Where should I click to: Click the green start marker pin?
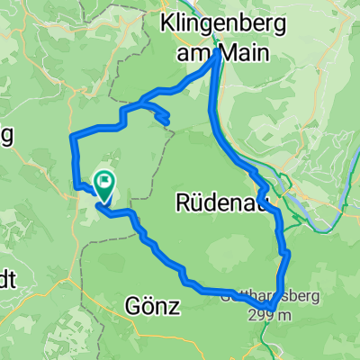pos(104,185)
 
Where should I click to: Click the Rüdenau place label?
pos(214,204)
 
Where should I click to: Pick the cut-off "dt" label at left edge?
pos(7,278)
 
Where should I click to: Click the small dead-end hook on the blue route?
pos(166,120)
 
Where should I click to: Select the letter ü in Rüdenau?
pos(193,204)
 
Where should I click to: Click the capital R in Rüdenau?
pos(178,204)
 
